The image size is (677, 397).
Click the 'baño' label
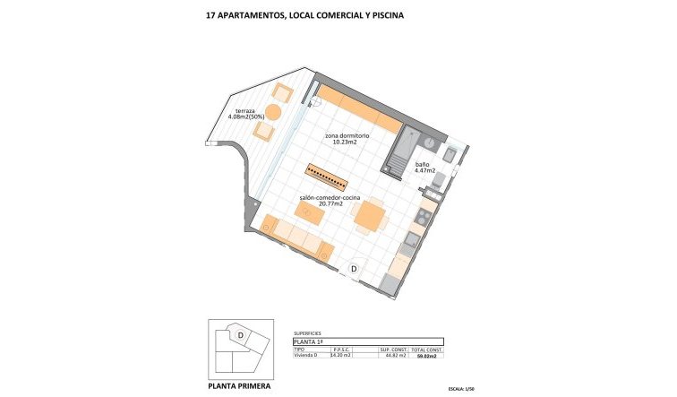tap(422, 165)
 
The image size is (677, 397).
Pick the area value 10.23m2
tap(346, 142)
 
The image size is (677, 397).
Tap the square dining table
tap(368, 215)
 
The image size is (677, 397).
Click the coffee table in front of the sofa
tap(310, 212)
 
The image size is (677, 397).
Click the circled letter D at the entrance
tap(355, 268)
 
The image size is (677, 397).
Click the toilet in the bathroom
tap(436, 180)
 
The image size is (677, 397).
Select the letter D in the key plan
tap(240, 335)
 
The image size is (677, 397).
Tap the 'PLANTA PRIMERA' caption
tap(239, 387)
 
